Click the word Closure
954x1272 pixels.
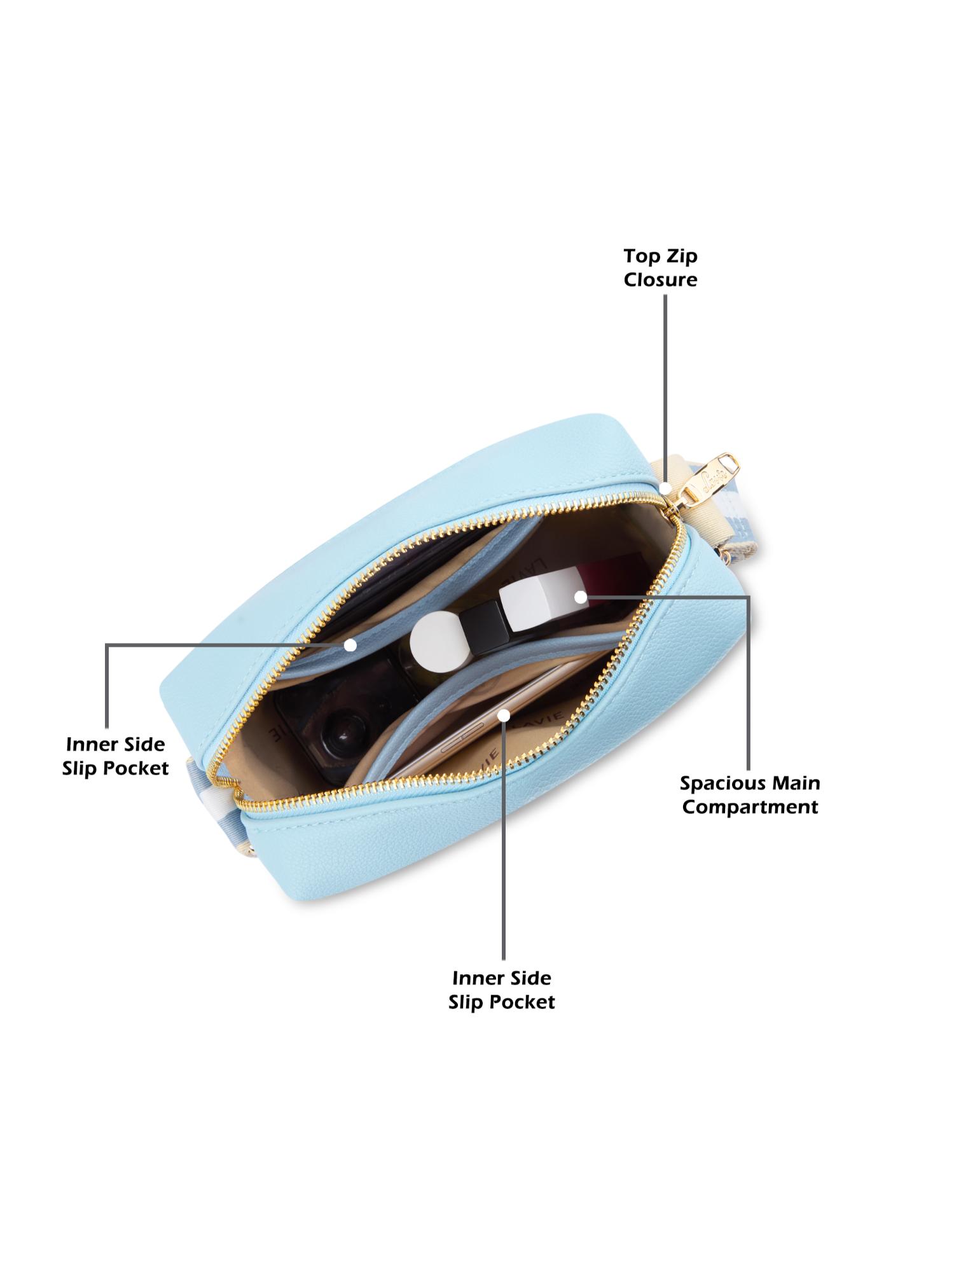pyautogui.click(x=660, y=280)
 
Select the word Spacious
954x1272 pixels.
pyautogui.click(x=717, y=783)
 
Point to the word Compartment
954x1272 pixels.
pyautogui.click(x=750, y=807)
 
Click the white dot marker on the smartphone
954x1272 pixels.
pyautogui.click(x=504, y=715)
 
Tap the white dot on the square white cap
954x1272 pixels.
pyautogui.click(x=580, y=597)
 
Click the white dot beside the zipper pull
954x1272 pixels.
pyautogui.click(x=665, y=488)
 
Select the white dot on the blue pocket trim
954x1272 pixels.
pyautogui.click(x=350, y=644)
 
